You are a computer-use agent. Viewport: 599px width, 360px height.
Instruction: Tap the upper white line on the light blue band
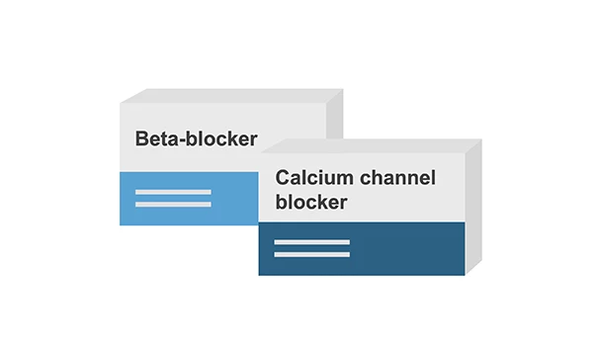pyautogui.click(x=173, y=191)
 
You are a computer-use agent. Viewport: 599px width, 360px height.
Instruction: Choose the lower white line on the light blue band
pyautogui.click(x=173, y=204)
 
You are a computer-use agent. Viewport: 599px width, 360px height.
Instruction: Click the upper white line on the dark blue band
pyautogui.click(x=311, y=241)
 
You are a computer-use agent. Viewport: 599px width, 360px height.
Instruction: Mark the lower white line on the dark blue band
pyautogui.click(x=311, y=254)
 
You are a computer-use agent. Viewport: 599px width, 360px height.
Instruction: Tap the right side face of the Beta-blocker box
pyautogui.click(x=335, y=119)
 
